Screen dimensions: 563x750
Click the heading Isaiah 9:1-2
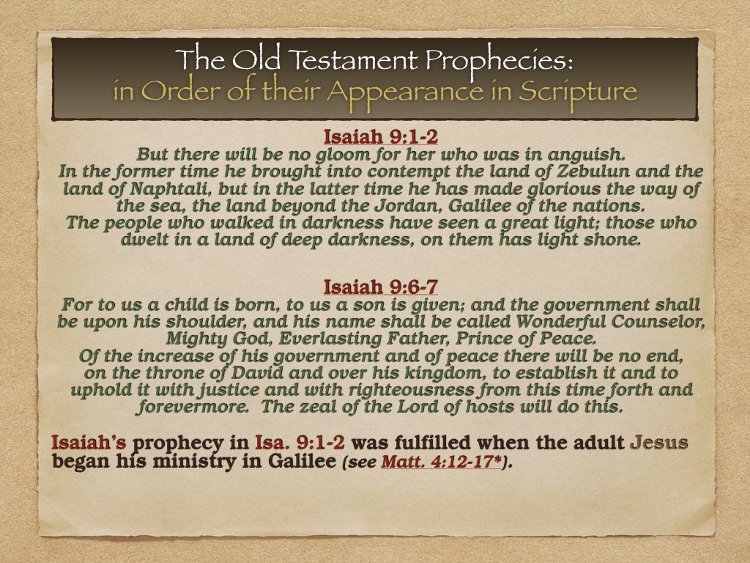pos(374,136)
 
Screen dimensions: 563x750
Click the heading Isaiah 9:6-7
pos(374,285)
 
